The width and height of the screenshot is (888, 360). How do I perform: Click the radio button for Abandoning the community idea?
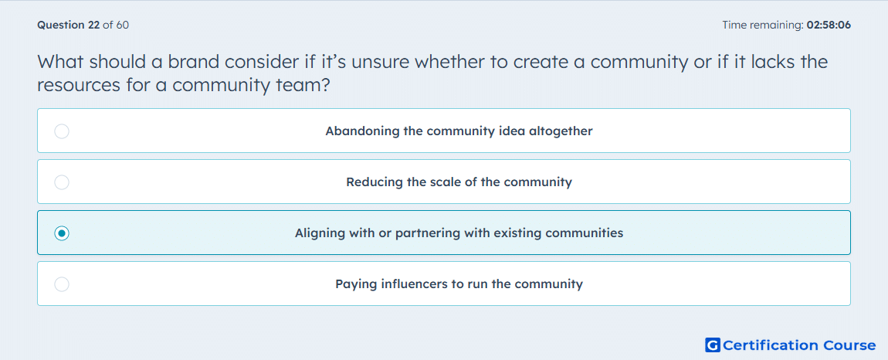pos(62,131)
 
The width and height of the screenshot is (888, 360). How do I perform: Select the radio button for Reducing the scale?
pos(62,182)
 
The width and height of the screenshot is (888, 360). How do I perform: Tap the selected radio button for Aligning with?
pos(62,233)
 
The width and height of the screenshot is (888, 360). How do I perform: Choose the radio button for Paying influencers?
pos(62,284)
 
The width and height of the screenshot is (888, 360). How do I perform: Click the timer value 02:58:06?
pos(829,25)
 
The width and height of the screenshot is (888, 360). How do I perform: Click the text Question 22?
pos(69,25)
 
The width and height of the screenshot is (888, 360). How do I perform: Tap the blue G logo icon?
pos(713,345)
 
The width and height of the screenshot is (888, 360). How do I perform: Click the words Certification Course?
pos(799,345)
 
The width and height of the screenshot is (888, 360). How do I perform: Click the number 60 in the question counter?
pos(122,25)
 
